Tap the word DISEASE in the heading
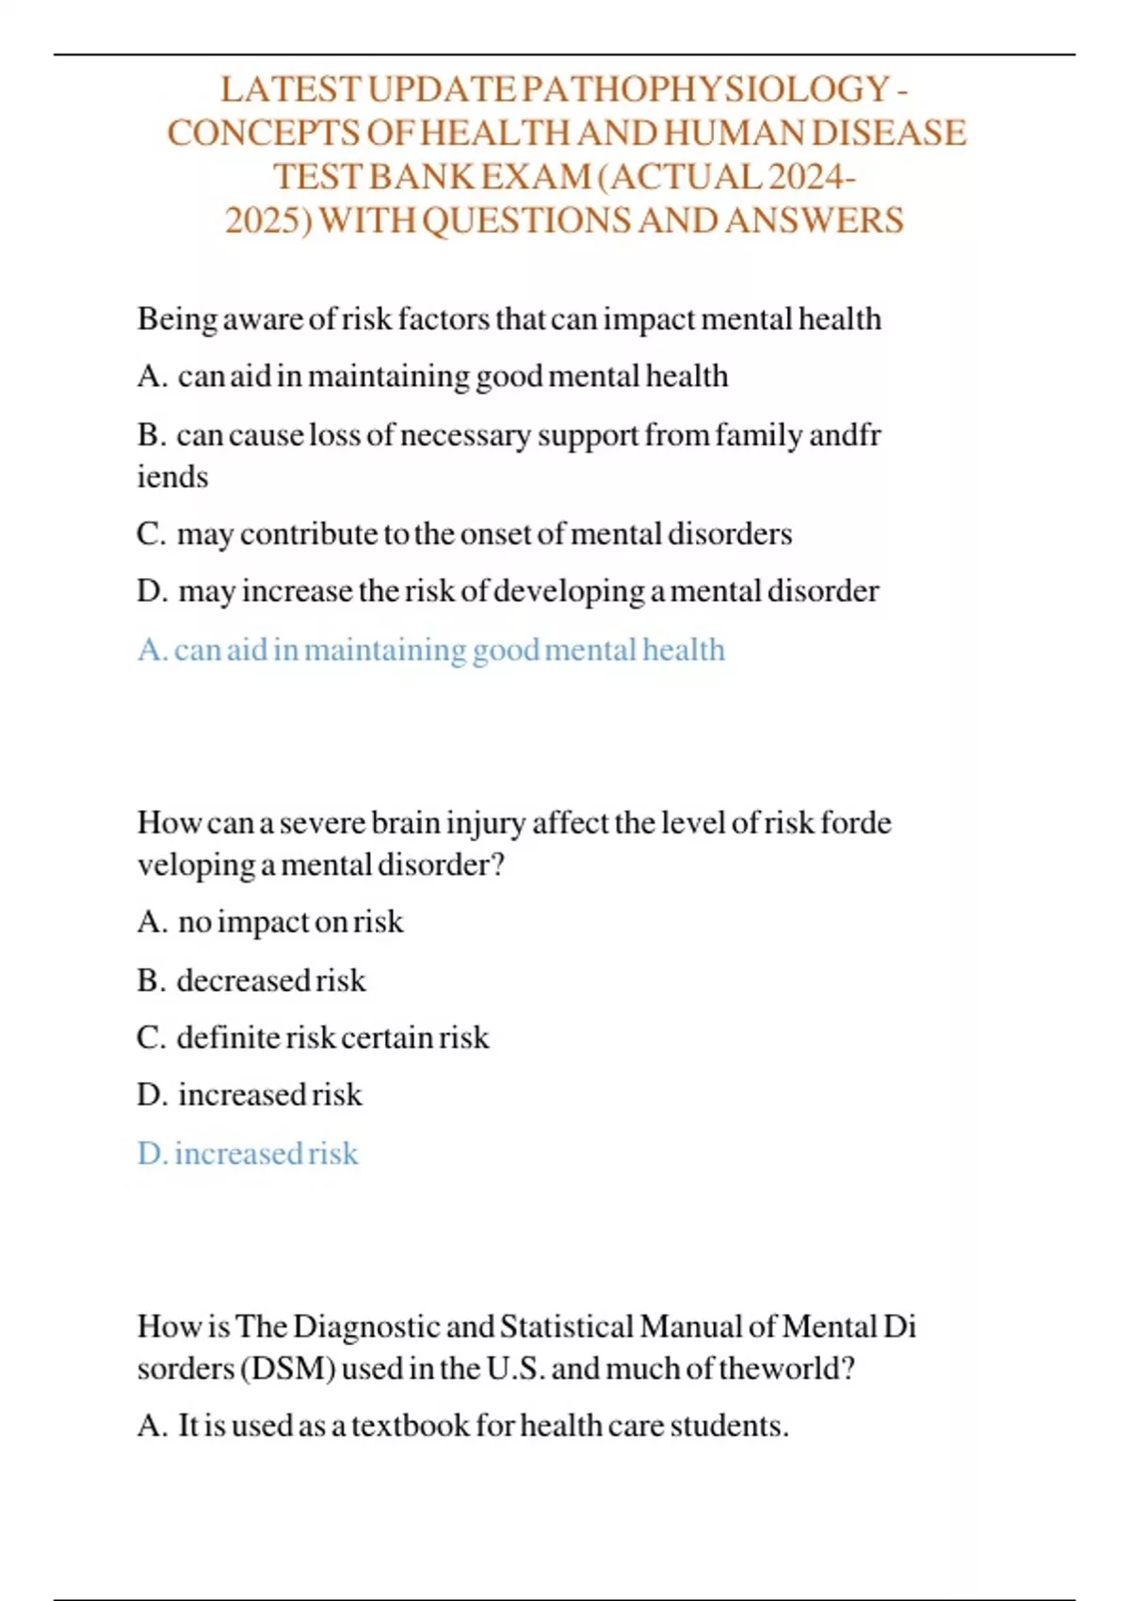point(888,133)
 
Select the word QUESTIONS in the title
point(527,220)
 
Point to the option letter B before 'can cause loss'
point(150,435)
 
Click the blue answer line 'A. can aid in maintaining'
point(430,650)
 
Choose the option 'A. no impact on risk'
point(270,922)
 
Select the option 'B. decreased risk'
point(251,980)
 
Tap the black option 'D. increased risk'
point(250,1095)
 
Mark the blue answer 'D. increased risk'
point(248,1154)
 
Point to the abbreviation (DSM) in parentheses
point(288,1368)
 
